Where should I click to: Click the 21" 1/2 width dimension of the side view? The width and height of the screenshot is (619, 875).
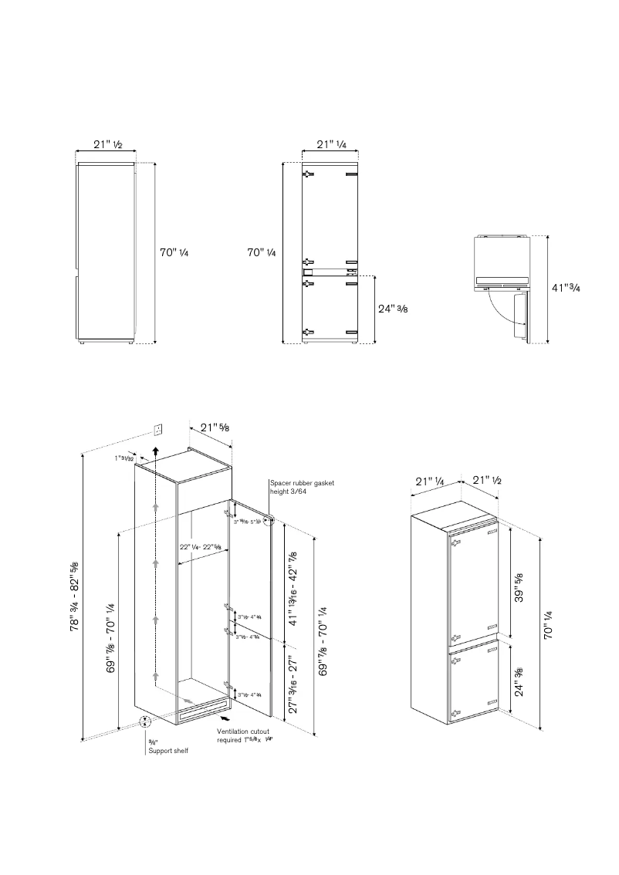tap(107, 145)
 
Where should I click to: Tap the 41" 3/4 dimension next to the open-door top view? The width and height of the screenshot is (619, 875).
tap(567, 287)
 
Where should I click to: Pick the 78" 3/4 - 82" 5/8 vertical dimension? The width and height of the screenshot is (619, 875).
tap(75, 596)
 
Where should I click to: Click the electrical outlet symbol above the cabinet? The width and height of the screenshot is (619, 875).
tap(158, 428)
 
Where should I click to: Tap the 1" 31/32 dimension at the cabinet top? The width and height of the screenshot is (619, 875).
tap(123, 458)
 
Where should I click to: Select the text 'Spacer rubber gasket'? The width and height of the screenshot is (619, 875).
tap(302, 483)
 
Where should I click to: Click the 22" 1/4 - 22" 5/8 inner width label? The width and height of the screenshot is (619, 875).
tap(200, 547)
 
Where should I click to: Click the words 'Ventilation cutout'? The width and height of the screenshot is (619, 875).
tap(243, 731)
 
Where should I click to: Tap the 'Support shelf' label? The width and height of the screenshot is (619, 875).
tap(168, 750)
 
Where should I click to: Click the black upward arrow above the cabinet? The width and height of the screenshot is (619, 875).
tap(155, 451)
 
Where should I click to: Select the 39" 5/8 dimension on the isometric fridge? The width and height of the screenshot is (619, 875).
tap(519, 589)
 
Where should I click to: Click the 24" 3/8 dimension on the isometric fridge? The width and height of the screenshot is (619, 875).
tap(519, 681)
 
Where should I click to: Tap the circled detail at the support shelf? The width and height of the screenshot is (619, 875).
tap(145, 723)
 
